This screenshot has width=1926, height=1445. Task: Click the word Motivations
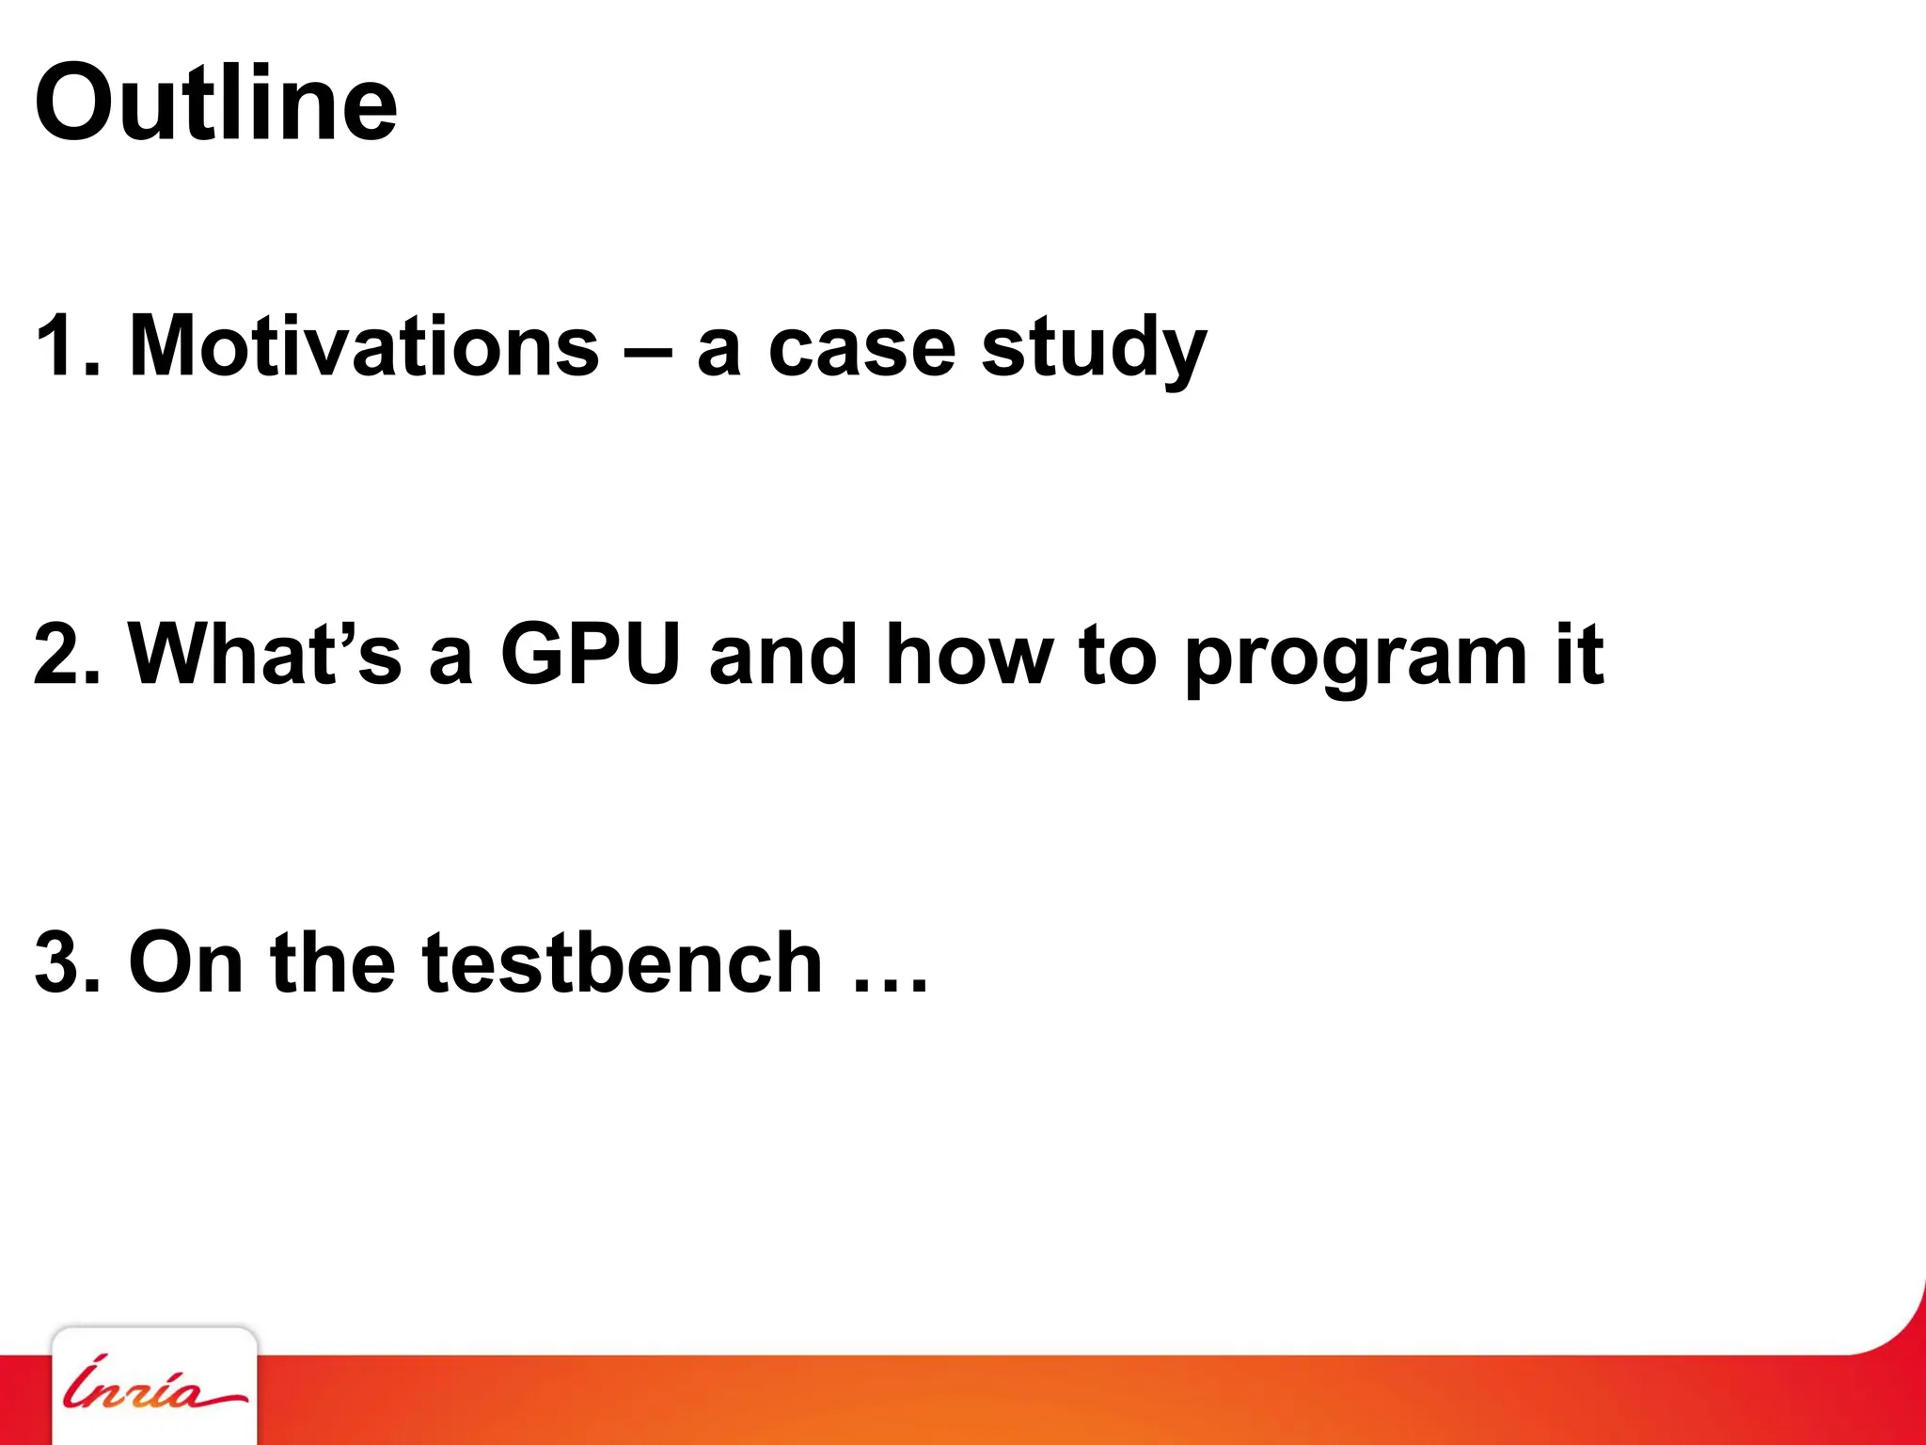[x=363, y=346]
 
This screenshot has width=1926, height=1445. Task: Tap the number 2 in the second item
[x=58, y=655]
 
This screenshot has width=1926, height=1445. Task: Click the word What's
[x=264, y=653]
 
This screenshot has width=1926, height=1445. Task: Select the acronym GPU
[x=590, y=653]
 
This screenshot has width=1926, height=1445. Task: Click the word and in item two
[x=782, y=655]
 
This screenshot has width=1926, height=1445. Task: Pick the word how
[x=969, y=655]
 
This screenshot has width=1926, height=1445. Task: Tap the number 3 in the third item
[x=58, y=961]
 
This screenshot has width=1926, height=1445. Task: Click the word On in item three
[x=185, y=961]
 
